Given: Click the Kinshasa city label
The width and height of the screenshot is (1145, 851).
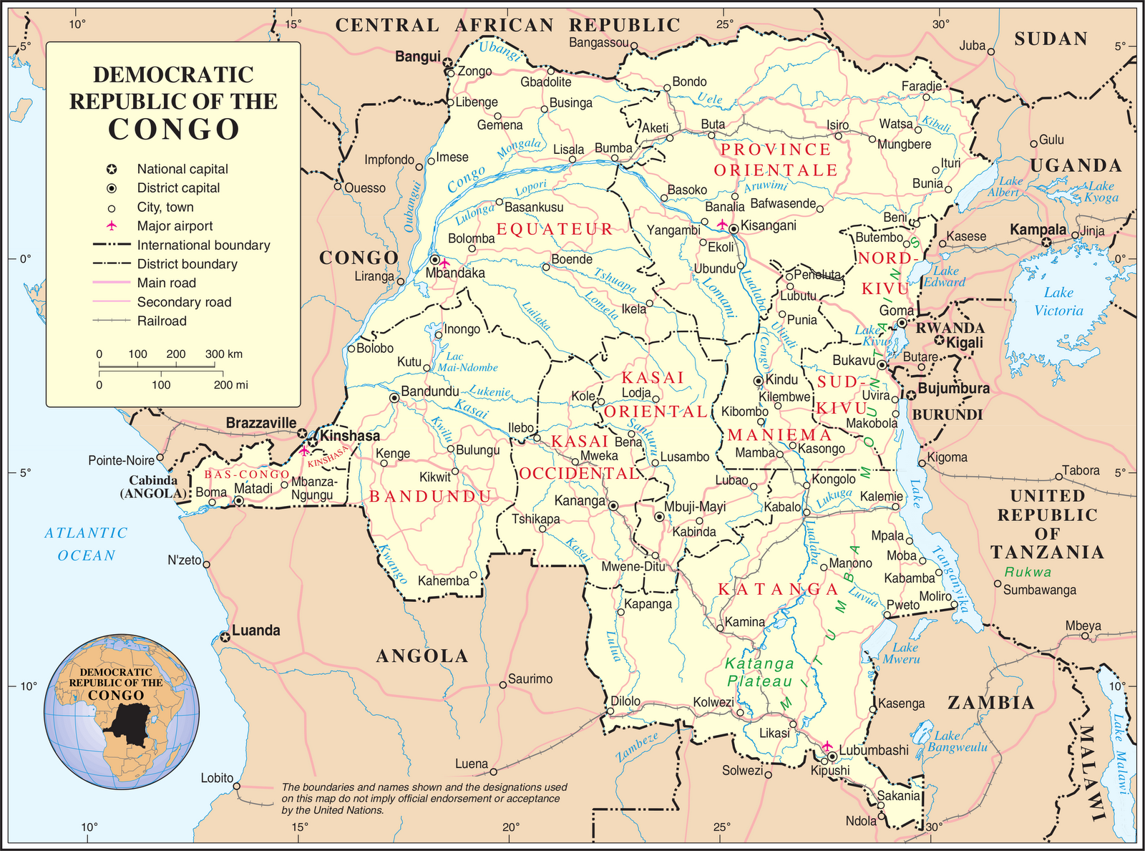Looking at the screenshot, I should pyautogui.click(x=350, y=435).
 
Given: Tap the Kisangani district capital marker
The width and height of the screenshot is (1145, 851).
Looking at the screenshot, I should pyautogui.click(x=734, y=228).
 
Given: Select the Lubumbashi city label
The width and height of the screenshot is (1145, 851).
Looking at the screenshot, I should pyautogui.click(x=874, y=750).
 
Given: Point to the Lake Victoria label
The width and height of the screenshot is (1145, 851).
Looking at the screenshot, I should pyautogui.click(x=1058, y=301).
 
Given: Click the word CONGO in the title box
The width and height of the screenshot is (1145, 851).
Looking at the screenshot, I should pyautogui.click(x=173, y=130).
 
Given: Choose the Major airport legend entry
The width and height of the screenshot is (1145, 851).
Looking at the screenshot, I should pyautogui.click(x=175, y=225).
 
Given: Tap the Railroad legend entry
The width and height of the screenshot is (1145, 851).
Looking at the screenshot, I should pyautogui.click(x=162, y=321).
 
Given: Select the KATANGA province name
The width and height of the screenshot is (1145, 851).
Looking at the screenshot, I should pyautogui.click(x=778, y=589).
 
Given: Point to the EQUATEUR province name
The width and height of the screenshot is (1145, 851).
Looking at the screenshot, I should pyautogui.click(x=555, y=229).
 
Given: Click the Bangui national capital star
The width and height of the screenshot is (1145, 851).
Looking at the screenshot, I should pyautogui.click(x=448, y=62).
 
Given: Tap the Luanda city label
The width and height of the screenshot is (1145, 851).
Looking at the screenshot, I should pyautogui.click(x=256, y=631).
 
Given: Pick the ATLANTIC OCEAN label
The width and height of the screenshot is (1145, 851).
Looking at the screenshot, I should pyautogui.click(x=86, y=544).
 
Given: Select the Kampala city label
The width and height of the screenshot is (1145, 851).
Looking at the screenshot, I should pyautogui.click(x=1038, y=230).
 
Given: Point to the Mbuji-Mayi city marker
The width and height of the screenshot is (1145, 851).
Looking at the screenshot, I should pyautogui.click(x=659, y=516).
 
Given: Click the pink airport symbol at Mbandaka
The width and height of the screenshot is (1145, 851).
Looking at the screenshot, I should pyautogui.click(x=445, y=263).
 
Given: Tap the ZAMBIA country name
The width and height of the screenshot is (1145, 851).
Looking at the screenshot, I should pyautogui.click(x=991, y=703).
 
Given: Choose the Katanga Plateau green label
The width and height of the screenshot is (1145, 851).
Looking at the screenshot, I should pyautogui.click(x=759, y=672).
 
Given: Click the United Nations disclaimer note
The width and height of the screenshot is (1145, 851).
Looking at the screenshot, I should pyautogui.click(x=424, y=798).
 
